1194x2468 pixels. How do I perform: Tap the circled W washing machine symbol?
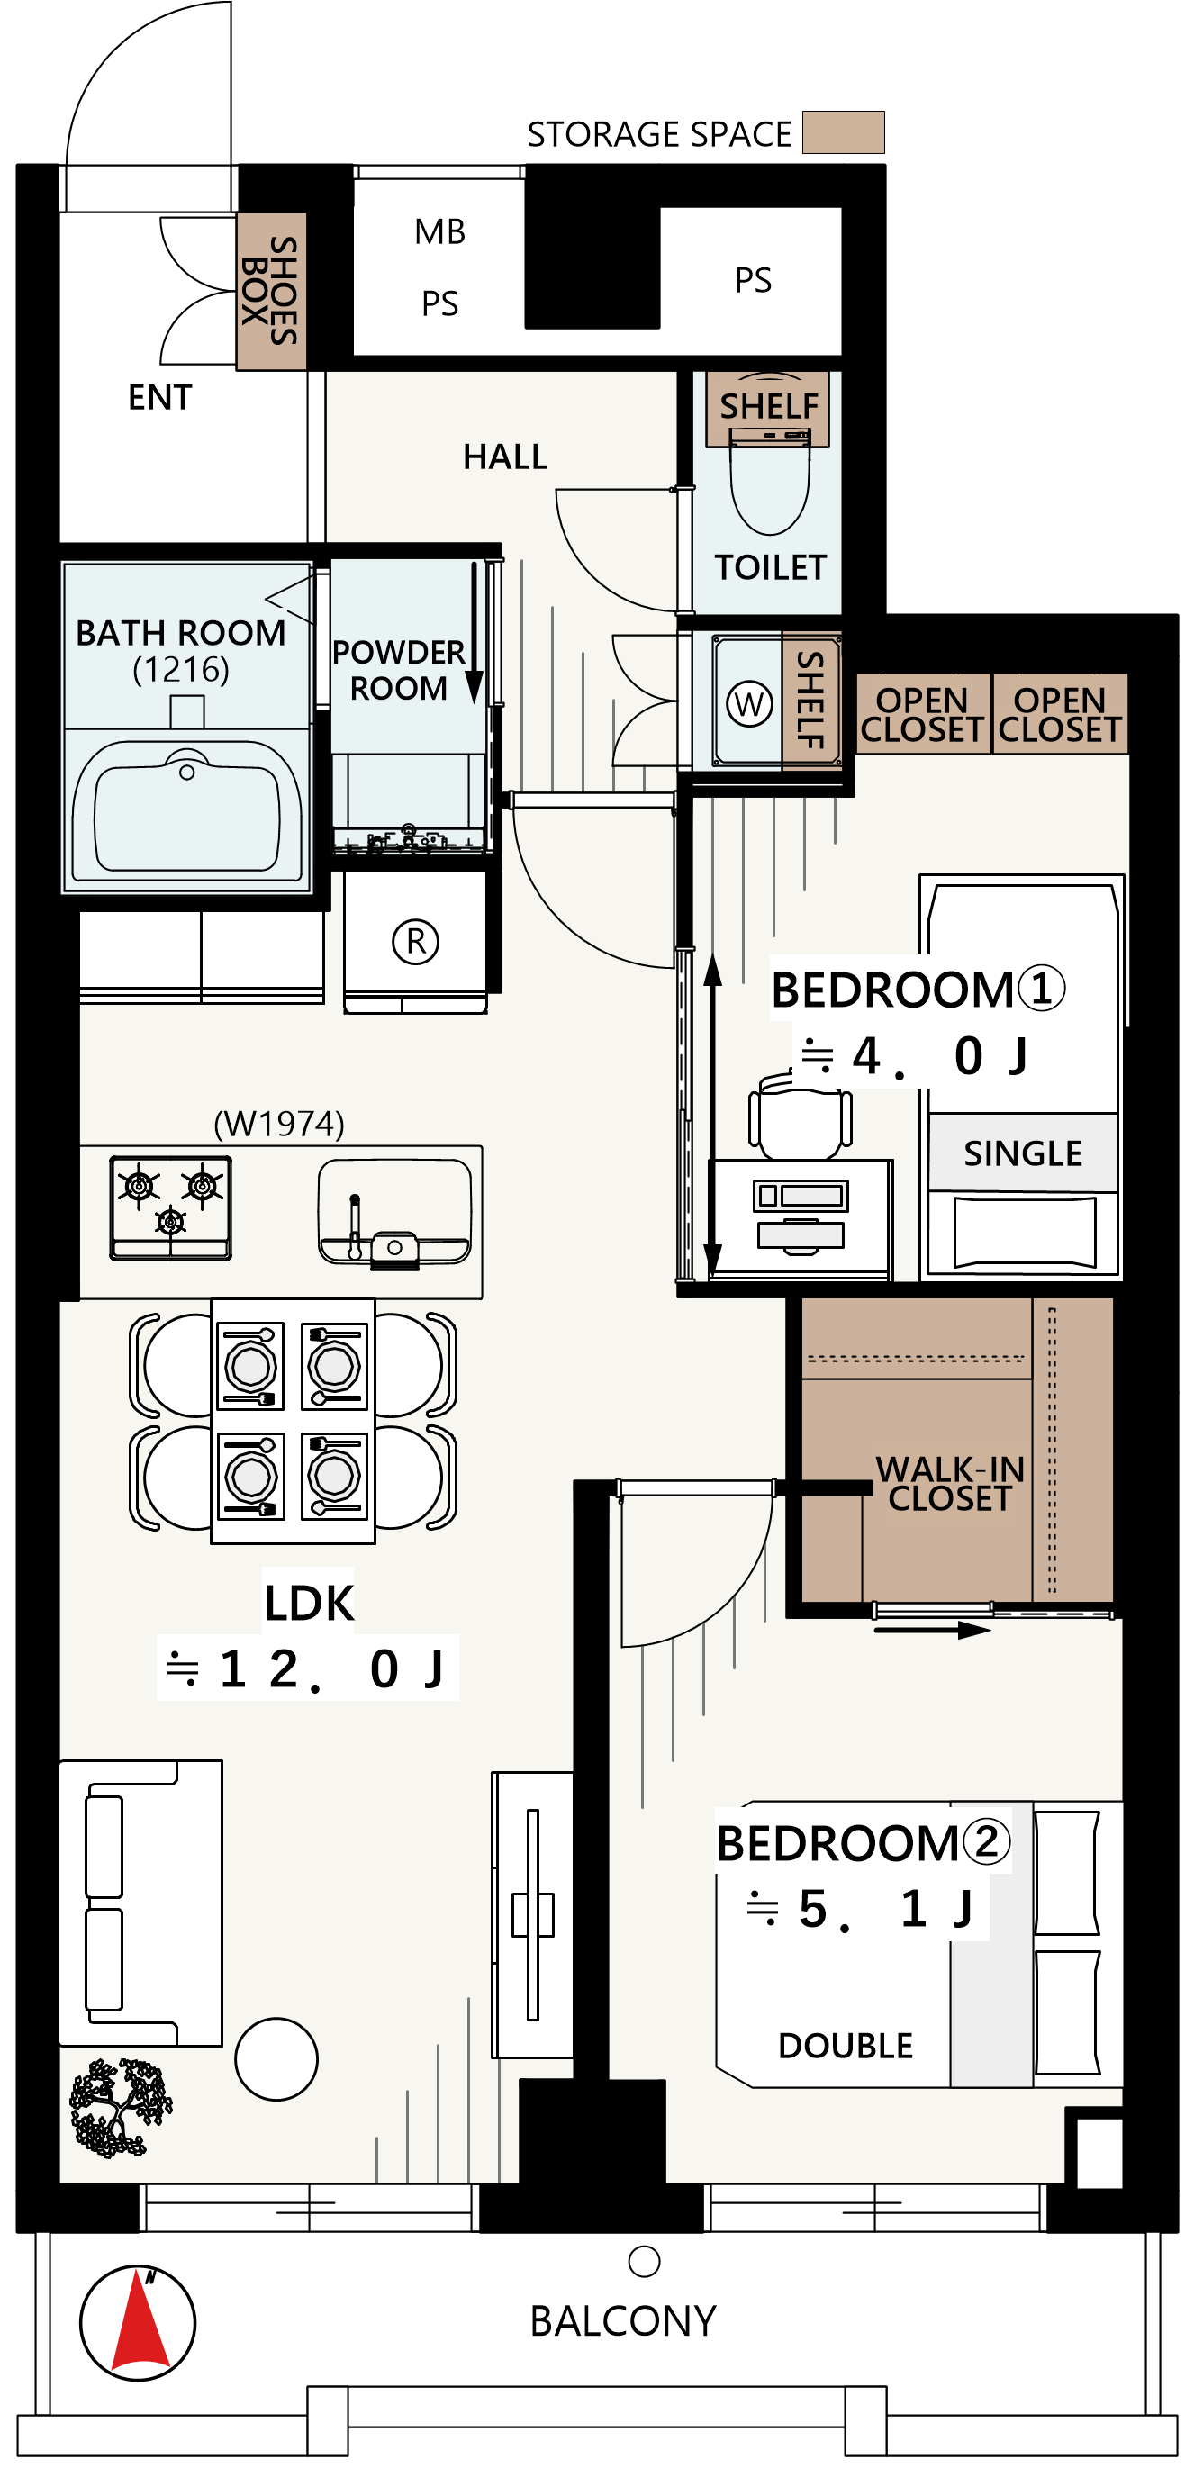[749, 704]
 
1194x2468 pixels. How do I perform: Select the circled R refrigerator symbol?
[416, 941]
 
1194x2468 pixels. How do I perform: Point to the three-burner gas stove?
[170, 1207]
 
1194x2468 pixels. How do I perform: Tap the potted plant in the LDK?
[120, 2108]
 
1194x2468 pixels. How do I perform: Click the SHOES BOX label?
[270, 290]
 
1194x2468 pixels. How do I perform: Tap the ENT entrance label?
[160, 397]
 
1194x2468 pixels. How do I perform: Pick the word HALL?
[505, 457]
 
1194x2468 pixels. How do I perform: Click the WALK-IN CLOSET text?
[951, 1483]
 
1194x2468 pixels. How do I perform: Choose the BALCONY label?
[623, 2320]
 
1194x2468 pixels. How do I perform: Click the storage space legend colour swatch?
[844, 132]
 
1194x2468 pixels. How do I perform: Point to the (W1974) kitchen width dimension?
[279, 1123]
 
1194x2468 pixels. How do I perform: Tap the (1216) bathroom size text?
[181, 669]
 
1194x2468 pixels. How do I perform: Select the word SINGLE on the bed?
[1023, 1153]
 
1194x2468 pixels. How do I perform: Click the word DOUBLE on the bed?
[846, 2045]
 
